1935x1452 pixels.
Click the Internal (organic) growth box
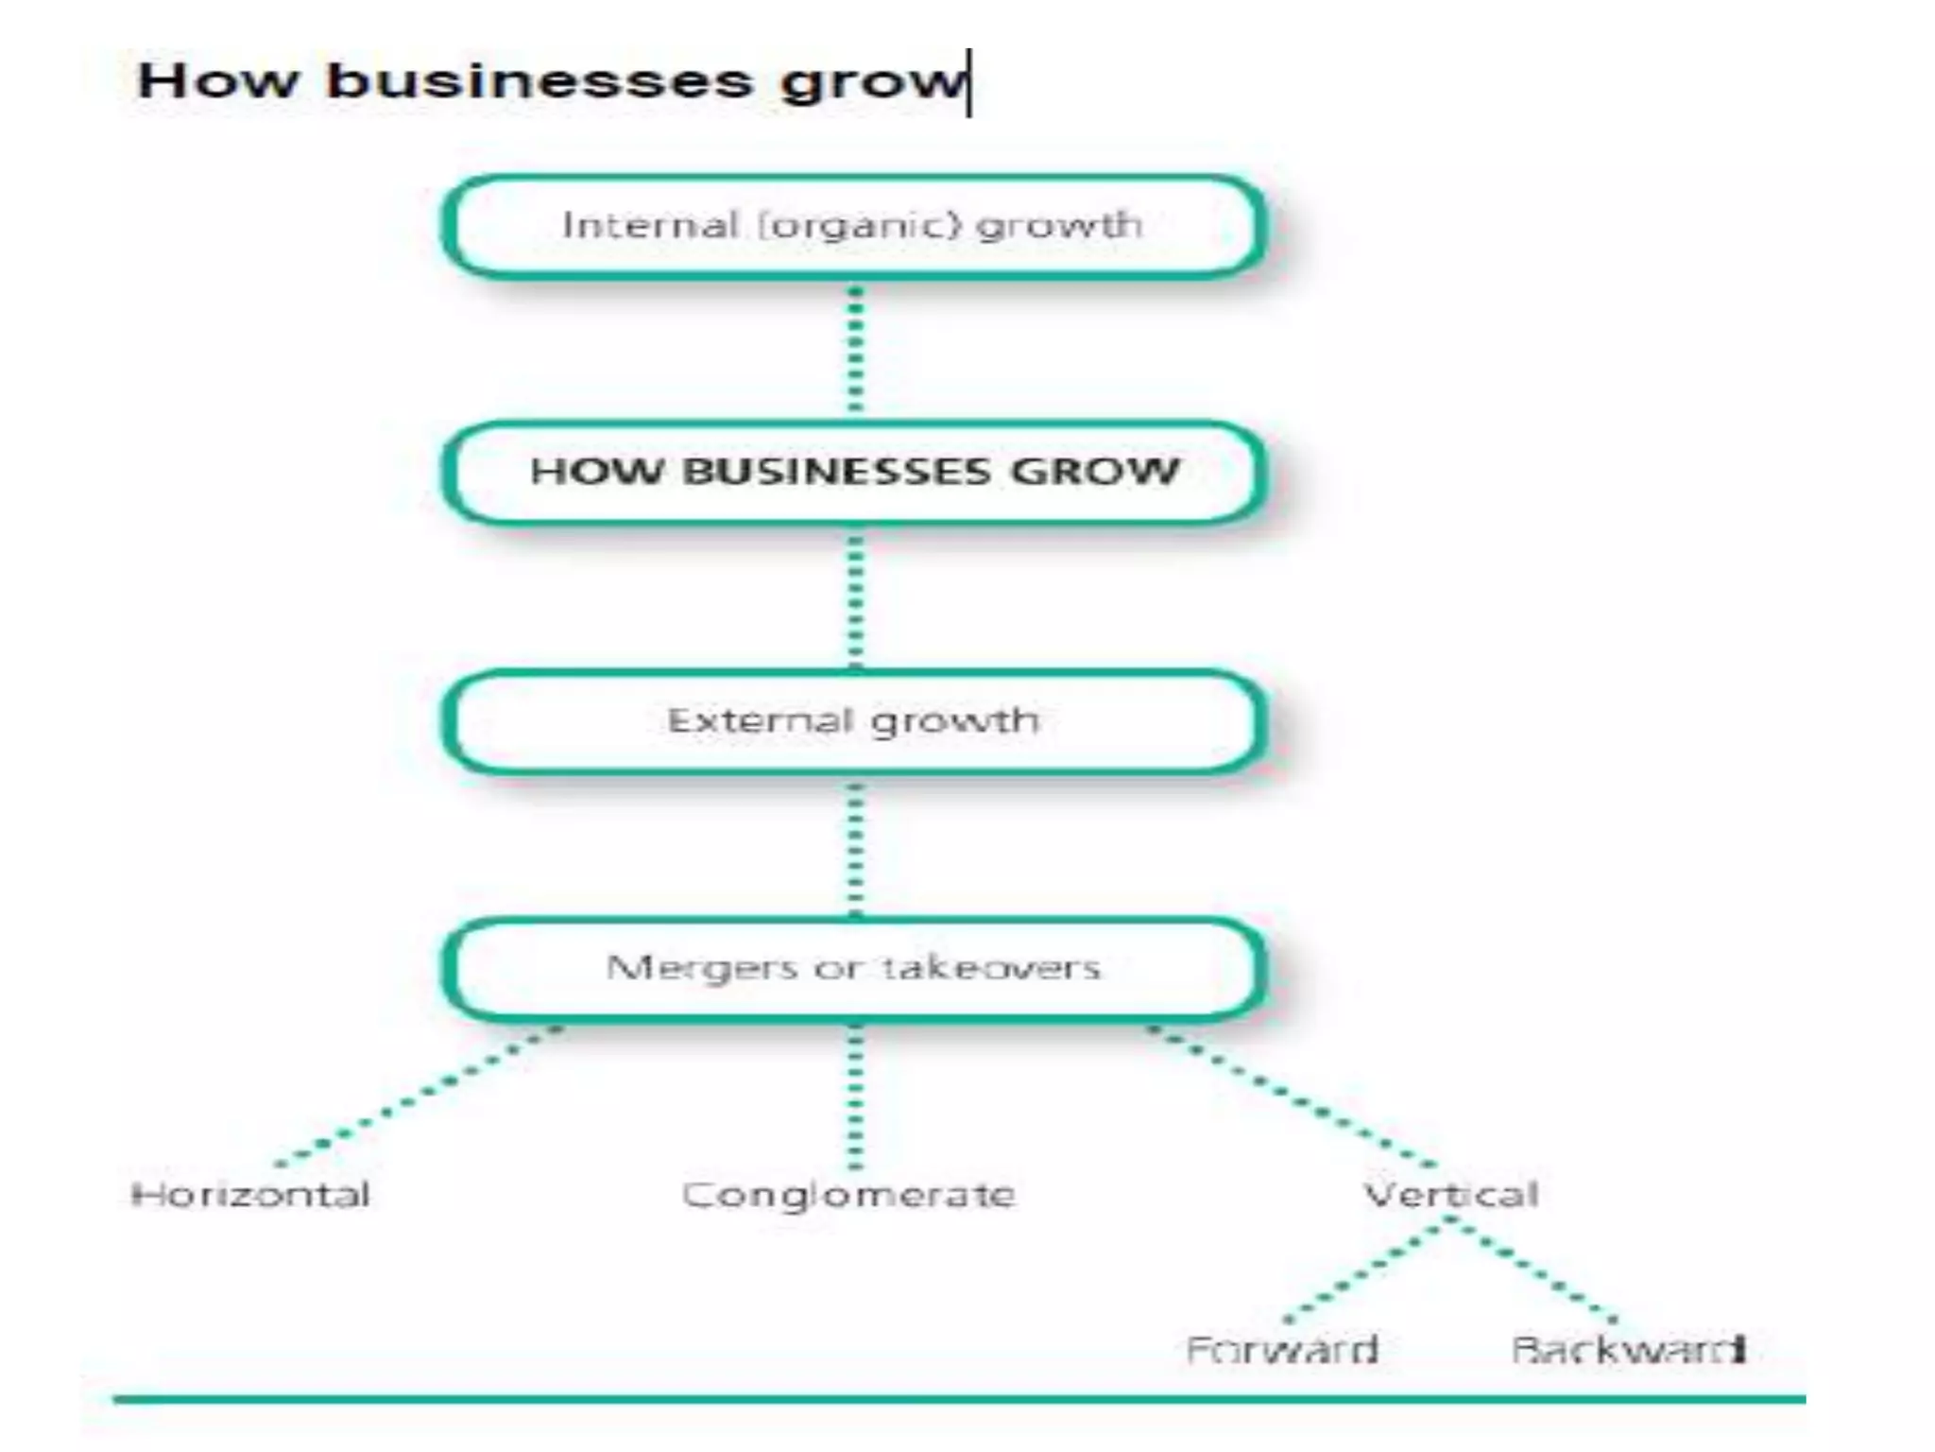[853, 226]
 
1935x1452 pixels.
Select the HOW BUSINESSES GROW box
[853, 472]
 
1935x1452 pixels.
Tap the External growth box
[853, 721]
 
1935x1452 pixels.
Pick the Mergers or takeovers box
[853, 968]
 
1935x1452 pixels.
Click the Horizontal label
[250, 1195]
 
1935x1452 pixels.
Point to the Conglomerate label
[848, 1195]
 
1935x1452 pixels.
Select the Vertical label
[1451, 1195]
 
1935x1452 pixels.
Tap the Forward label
[1282, 1349]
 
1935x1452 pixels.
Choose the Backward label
[1628, 1349]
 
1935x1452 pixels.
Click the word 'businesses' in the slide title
[539, 80]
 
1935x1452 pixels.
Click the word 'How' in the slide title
[217, 80]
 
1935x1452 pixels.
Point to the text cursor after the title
[969, 83]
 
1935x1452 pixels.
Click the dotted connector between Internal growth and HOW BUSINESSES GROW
[855, 348]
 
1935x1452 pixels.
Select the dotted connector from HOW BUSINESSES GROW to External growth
[855, 597]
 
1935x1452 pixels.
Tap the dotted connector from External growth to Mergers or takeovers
[855, 847]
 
